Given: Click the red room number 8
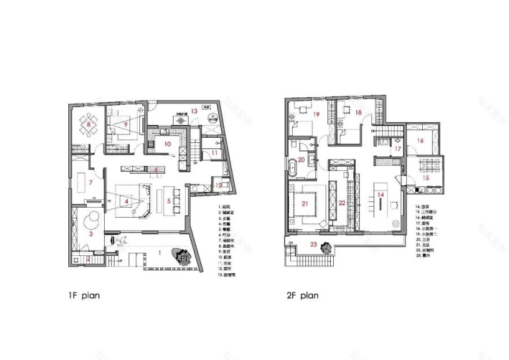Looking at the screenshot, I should coord(88,124).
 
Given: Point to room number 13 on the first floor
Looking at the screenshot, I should coord(195,111).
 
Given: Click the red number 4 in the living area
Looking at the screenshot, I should coord(126,201).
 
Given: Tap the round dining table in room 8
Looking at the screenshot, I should coord(88,124).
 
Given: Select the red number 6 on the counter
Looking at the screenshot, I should coord(156,170).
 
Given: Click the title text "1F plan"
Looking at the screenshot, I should coord(84,295).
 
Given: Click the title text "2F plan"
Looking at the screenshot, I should coord(302,295).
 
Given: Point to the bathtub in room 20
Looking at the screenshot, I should coord(294,171).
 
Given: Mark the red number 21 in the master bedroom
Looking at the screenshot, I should coord(304,203).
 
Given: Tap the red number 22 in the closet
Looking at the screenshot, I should coord(342,203).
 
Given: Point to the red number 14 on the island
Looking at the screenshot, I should coord(381,195).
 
